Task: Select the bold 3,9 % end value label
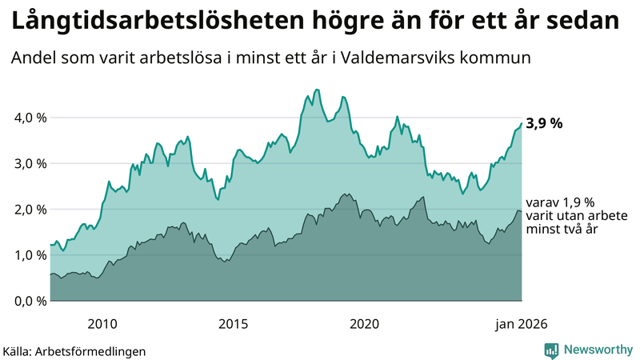(545, 123)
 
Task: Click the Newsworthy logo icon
(551, 350)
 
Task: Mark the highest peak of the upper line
(318, 90)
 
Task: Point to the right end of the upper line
(522, 123)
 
